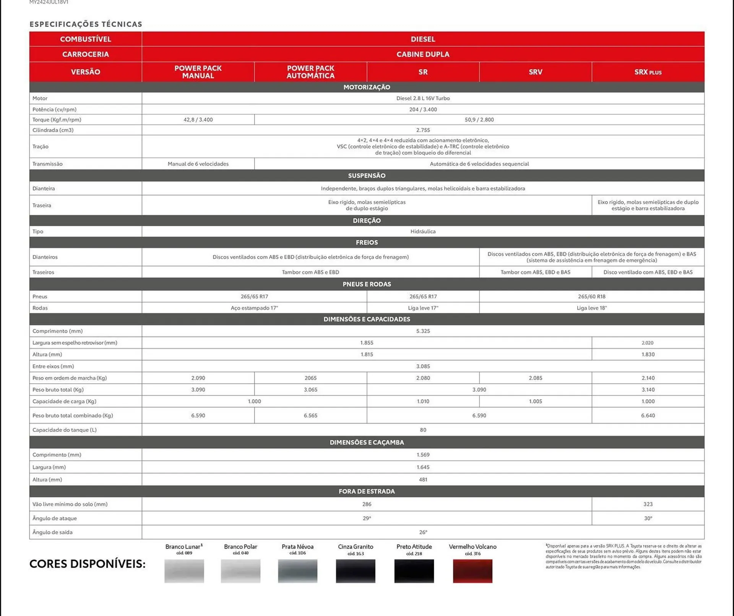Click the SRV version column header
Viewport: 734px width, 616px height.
(x=535, y=72)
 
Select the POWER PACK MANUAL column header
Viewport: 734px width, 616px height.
(x=198, y=72)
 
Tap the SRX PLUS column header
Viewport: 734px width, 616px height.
(x=648, y=72)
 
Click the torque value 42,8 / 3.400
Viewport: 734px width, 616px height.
(x=198, y=120)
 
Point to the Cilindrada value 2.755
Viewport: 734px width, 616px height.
(x=423, y=130)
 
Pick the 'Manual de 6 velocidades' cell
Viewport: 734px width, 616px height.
(x=198, y=164)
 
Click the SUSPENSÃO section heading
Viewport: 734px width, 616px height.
(x=367, y=176)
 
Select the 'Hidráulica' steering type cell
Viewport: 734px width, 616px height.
(x=423, y=232)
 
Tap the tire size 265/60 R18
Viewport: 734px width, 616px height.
(x=591, y=297)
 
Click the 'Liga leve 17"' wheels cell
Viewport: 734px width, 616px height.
(x=423, y=308)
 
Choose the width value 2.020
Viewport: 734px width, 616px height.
(x=648, y=343)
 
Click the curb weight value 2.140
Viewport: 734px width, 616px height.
(x=648, y=378)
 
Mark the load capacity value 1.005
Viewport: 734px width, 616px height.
(x=535, y=401)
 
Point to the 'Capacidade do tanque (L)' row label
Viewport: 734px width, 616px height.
(x=65, y=430)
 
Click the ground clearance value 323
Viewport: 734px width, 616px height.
(x=648, y=504)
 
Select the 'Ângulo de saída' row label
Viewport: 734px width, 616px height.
(x=52, y=532)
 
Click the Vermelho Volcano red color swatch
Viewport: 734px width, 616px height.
(x=473, y=571)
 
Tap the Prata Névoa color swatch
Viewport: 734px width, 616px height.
(x=297, y=571)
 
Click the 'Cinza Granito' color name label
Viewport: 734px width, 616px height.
(x=356, y=547)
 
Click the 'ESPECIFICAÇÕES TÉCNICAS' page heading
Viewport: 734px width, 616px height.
(x=86, y=24)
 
